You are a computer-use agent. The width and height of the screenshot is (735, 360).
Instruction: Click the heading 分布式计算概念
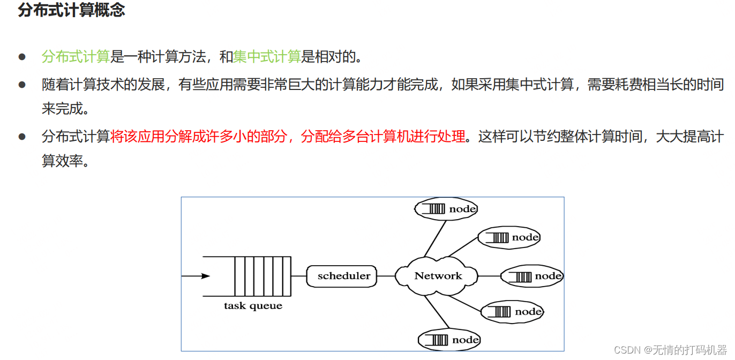click(71, 10)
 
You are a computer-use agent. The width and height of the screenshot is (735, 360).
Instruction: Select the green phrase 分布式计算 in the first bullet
click(76, 56)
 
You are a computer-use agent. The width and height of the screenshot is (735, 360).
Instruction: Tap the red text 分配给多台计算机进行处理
click(383, 137)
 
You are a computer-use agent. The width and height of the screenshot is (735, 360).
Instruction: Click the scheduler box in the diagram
click(343, 276)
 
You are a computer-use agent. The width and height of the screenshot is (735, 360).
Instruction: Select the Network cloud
click(438, 276)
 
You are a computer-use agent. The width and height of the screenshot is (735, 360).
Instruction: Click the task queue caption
click(253, 306)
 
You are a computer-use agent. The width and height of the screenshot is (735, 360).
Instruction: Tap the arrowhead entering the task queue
click(205, 276)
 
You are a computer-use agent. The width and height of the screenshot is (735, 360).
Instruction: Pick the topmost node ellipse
click(446, 209)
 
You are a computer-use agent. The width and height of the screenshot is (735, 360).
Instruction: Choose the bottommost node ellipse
click(449, 340)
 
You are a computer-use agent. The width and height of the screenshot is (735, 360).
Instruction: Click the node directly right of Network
click(532, 276)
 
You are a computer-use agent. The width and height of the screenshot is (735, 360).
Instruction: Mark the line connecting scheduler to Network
click(386, 276)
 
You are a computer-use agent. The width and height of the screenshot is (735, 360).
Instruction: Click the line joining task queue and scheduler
click(298, 276)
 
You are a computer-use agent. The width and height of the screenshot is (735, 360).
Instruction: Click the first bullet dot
click(22, 56)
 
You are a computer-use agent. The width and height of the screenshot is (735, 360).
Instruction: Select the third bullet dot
click(22, 137)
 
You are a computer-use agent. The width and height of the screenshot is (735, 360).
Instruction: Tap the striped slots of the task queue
click(262, 276)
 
